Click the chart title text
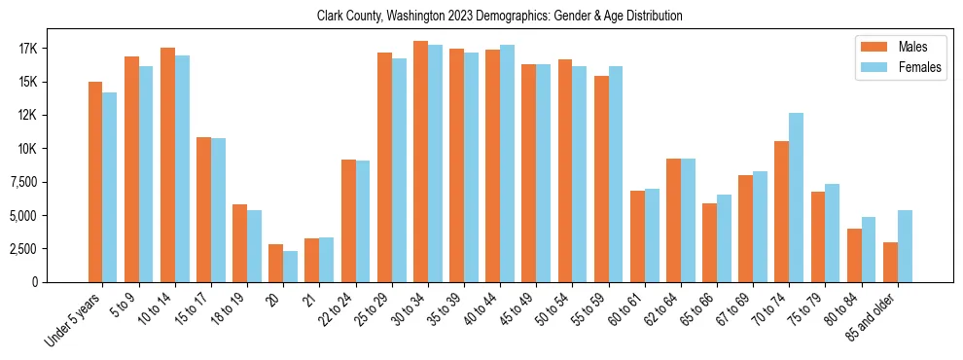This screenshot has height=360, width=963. (499, 17)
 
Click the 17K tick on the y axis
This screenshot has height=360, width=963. (54, 49)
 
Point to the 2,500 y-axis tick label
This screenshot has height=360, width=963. (47, 249)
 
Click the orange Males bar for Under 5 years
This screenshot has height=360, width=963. (95, 182)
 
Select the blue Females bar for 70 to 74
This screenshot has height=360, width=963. (796, 198)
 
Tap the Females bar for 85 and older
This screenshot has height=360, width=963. (905, 246)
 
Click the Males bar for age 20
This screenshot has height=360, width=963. (276, 263)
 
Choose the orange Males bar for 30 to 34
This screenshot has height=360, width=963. (420, 162)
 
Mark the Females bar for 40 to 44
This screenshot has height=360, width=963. (507, 163)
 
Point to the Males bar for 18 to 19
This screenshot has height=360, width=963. (239, 243)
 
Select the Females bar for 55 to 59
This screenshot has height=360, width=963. (616, 174)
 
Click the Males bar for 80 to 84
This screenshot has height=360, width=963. (854, 255)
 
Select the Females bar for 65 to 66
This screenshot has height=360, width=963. (724, 238)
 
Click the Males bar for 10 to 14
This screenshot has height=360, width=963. (167, 164)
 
